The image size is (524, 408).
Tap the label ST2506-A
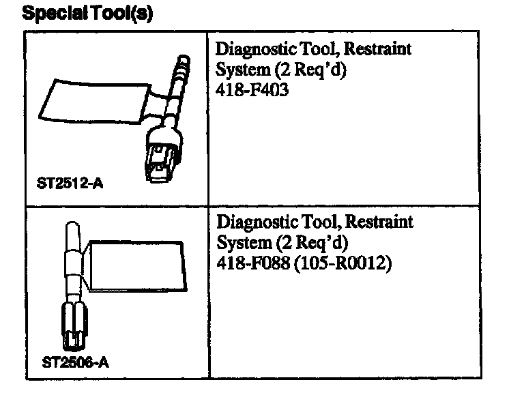[75, 362]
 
